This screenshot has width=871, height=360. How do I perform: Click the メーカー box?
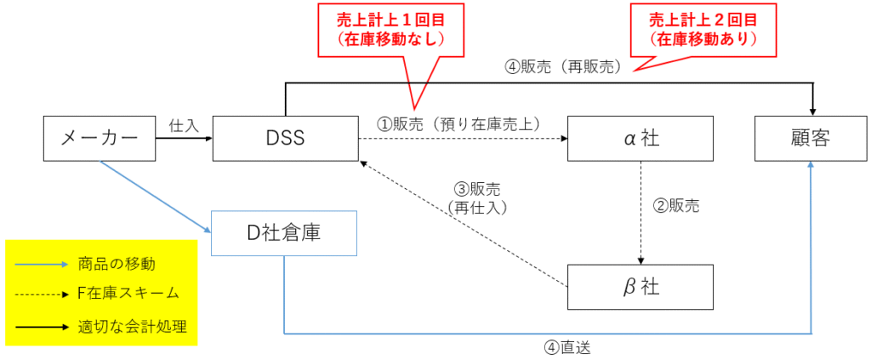click(x=100, y=139)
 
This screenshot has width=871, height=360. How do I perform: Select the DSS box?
click(x=285, y=139)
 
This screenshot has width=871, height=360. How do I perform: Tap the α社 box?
click(x=640, y=139)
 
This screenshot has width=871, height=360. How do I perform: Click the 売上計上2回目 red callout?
click(x=703, y=29)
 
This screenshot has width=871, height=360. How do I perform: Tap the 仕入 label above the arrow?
click(x=184, y=125)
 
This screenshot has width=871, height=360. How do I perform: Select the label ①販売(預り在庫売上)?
click(x=460, y=123)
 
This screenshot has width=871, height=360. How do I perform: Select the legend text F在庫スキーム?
click(x=128, y=294)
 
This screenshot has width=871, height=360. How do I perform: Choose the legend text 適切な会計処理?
click(x=132, y=325)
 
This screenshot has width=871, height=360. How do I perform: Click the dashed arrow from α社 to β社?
click(x=640, y=213)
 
